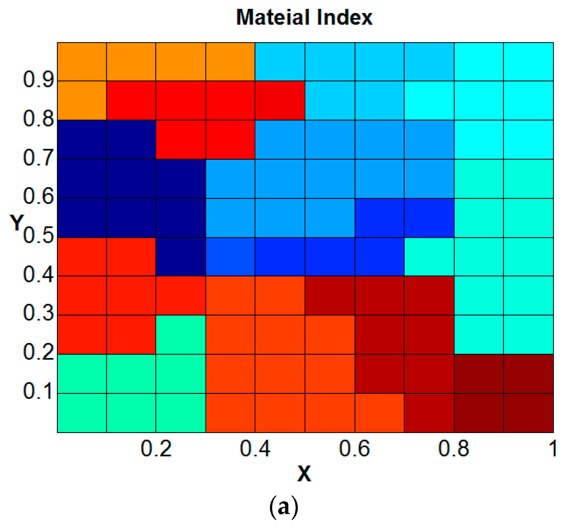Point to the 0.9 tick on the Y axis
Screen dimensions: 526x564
(x=38, y=79)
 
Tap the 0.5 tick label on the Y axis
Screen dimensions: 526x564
(x=38, y=235)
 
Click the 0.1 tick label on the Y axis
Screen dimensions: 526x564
(x=38, y=391)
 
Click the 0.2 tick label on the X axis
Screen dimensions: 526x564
(x=156, y=449)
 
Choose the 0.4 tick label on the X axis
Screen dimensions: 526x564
(x=255, y=449)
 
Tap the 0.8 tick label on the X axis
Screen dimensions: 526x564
(x=454, y=449)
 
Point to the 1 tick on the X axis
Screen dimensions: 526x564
(x=553, y=449)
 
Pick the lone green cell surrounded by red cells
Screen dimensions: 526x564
(x=181, y=334)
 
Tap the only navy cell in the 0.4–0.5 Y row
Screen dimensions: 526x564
(x=181, y=257)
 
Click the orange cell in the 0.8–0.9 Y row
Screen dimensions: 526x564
(x=82, y=100)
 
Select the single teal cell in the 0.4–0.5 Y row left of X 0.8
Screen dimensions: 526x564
(x=429, y=257)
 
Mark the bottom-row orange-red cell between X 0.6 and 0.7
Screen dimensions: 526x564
(x=379, y=413)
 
